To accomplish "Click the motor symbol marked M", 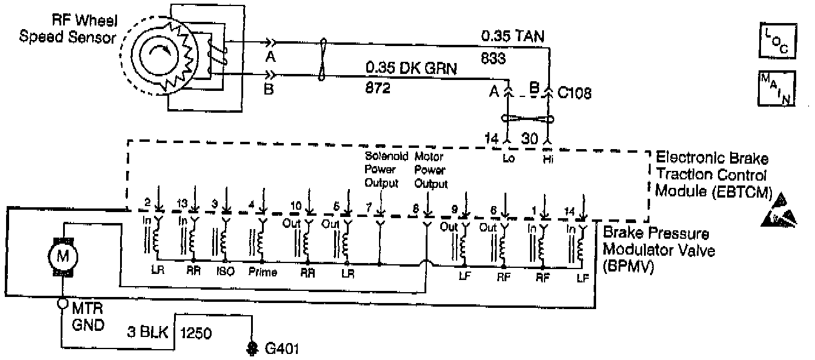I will coord(63,256).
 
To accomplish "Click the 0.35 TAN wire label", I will coord(514,36).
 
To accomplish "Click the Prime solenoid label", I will coord(263,272).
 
